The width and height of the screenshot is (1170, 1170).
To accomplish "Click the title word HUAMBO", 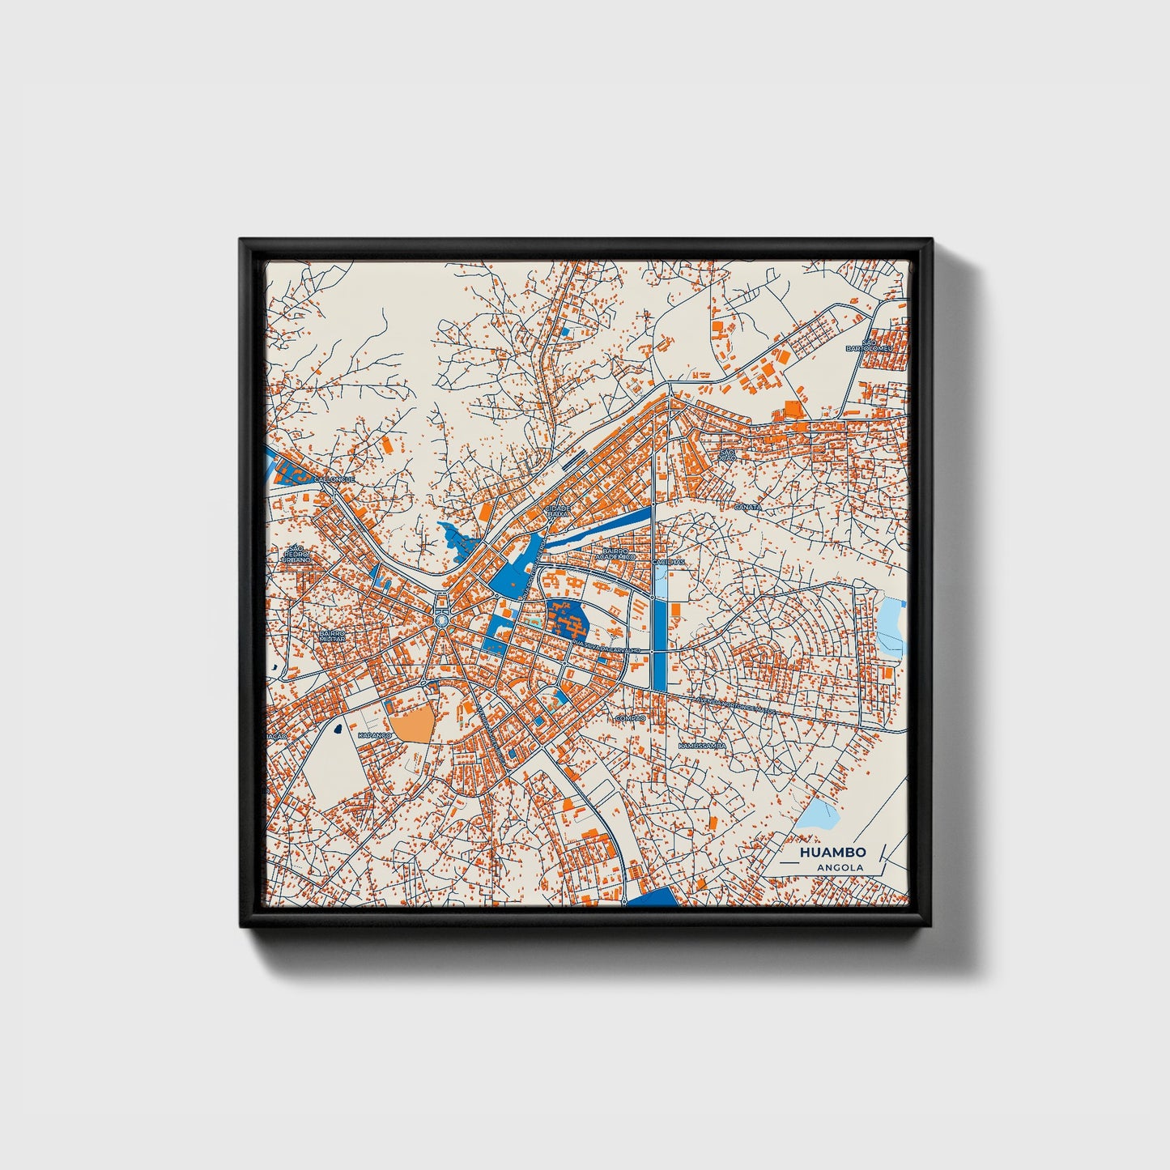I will click(x=832, y=853).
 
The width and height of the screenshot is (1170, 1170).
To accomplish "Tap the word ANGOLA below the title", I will click(x=840, y=868).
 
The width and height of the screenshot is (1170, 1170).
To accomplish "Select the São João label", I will click(x=726, y=455).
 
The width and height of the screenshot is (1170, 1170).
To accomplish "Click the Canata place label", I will click(x=747, y=507).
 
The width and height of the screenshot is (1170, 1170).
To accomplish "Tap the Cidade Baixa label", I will click(x=559, y=511).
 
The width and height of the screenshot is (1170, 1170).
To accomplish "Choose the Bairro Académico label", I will click(x=616, y=554).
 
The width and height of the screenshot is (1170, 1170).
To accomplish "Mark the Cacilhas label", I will click(x=669, y=561).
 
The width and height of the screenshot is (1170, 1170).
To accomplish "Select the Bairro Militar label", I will click(x=332, y=636).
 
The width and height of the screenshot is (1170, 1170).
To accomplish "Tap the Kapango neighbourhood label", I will click(x=374, y=735).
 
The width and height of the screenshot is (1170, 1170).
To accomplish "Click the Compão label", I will click(x=630, y=718).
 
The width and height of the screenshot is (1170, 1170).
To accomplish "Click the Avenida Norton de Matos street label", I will click(x=733, y=707).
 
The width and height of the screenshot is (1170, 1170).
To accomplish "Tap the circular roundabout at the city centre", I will click(x=441, y=620).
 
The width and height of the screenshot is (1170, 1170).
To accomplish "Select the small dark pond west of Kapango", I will click(x=335, y=729).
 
